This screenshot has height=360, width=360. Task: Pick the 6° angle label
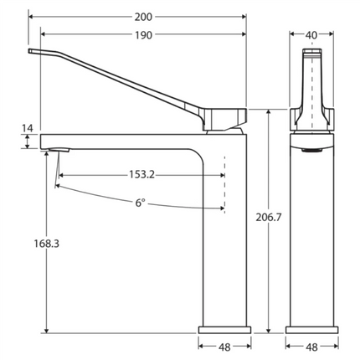coord(140,203)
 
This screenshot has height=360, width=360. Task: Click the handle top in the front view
coord(311,54)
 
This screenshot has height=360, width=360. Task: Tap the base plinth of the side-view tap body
coord(225,327)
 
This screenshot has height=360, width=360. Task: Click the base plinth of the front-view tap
coord(311,327)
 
